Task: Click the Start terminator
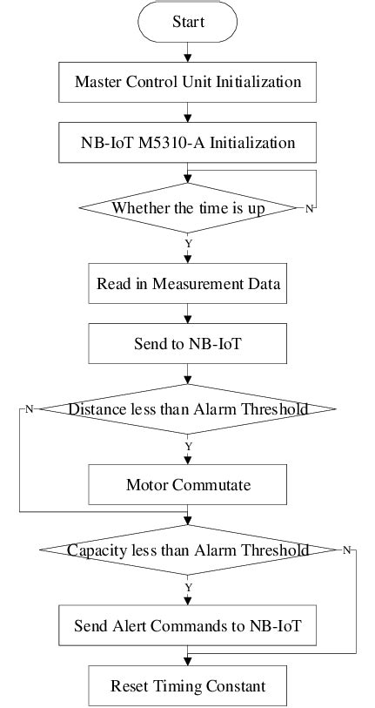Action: click(x=188, y=21)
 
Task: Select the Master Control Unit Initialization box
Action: click(x=188, y=83)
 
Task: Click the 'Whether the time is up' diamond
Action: click(x=188, y=208)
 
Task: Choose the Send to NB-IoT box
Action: click(x=188, y=344)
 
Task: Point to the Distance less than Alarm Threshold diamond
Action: click(x=188, y=409)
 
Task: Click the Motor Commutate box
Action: click(x=188, y=480)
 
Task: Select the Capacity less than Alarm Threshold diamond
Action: click(x=188, y=550)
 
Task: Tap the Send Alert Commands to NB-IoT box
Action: click(x=188, y=624)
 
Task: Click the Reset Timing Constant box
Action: click(x=188, y=685)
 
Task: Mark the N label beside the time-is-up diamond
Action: click(x=309, y=209)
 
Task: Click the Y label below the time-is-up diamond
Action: click(x=188, y=244)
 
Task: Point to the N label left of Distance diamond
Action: click(x=29, y=409)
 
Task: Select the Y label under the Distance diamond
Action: click(x=188, y=445)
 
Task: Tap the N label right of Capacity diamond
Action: click(x=346, y=550)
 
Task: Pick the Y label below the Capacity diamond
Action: click(x=188, y=587)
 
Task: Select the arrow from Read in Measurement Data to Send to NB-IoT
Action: click(x=188, y=314)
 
